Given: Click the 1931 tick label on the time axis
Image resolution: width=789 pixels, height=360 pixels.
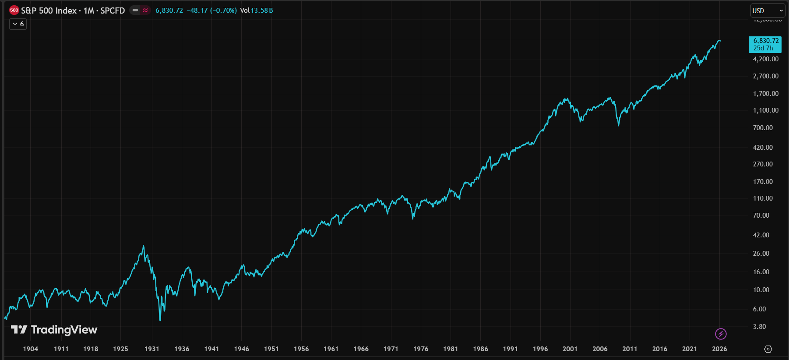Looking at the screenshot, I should (x=152, y=349).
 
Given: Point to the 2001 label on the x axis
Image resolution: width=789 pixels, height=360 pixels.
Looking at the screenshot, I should (x=570, y=349).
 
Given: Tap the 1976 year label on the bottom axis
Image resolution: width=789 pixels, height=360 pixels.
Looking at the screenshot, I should (x=421, y=349).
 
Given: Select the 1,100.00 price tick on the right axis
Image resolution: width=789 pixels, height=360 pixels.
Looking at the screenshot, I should (x=765, y=110).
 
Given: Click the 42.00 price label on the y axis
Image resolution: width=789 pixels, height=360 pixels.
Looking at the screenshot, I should (x=761, y=235).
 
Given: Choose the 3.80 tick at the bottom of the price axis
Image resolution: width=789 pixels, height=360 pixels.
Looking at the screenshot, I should (x=759, y=327).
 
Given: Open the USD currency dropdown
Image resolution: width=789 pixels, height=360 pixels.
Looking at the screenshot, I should (x=768, y=11).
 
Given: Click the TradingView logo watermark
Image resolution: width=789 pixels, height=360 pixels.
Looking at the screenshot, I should (x=54, y=330).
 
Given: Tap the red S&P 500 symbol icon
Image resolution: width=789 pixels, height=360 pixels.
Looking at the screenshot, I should (x=14, y=11).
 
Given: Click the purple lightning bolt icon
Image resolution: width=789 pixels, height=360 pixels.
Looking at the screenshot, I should (x=721, y=334).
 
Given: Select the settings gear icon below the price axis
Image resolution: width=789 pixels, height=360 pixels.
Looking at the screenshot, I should (x=768, y=349).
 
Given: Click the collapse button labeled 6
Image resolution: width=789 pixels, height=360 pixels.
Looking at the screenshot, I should (x=18, y=24).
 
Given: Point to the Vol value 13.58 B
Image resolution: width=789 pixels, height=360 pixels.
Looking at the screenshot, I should (x=261, y=11).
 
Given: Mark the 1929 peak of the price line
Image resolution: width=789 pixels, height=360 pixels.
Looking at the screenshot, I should (x=144, y=246).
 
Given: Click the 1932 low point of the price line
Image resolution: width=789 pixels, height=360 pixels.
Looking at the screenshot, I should (x=160, y=320).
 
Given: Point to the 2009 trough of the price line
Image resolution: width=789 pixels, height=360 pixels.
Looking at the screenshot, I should (x=619, y=125).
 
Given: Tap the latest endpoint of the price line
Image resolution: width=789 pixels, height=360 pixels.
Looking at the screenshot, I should (x=720, y=41).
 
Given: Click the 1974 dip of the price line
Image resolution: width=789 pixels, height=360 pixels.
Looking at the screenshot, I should (x=413, y=218).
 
